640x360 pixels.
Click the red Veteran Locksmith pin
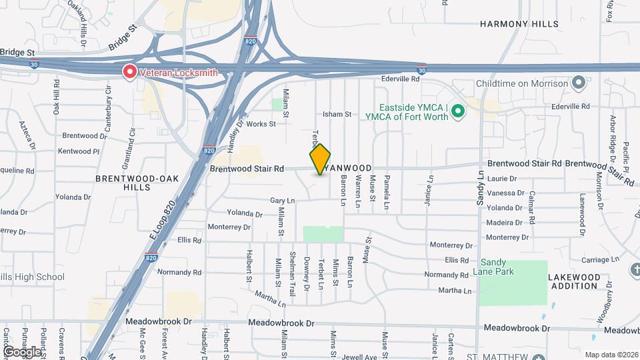129,72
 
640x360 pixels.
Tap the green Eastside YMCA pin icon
458,111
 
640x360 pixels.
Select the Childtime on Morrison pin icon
579,83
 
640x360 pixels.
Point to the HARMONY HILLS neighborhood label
519,24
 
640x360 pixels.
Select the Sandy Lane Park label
493,267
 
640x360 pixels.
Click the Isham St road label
337,115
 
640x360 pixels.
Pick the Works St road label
261,124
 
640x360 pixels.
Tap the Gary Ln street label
282,201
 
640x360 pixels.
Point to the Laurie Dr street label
502,179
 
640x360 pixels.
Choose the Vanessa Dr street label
505,193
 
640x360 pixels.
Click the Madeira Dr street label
504,223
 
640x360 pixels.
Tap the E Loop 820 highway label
161,221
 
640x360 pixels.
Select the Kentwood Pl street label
79,151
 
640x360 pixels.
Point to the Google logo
21,351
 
